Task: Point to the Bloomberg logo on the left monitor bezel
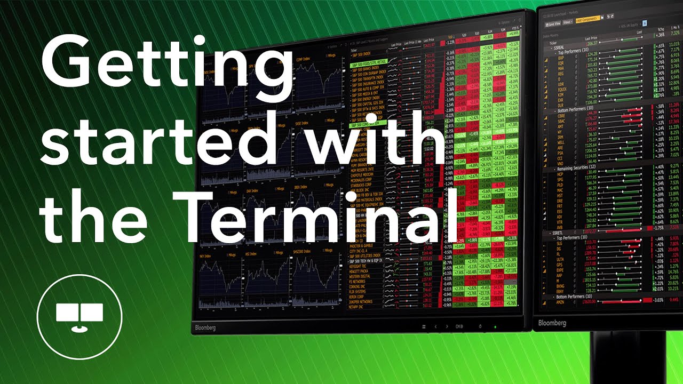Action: (x=205, y=327)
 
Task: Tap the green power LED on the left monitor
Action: (x=495, y=326)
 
